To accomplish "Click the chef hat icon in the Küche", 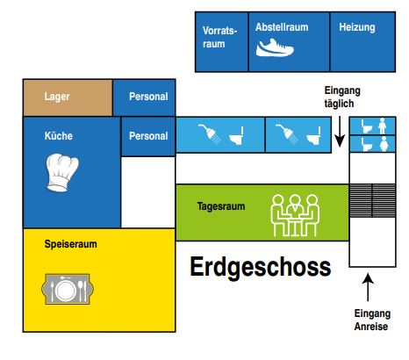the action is (x=62, y=173).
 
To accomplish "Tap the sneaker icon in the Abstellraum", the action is (x=275, y=47).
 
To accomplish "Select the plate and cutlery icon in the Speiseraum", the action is (x=68, y=289).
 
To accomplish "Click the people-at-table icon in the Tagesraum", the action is (x=295, y=215).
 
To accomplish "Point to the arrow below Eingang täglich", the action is (x=340, y=132).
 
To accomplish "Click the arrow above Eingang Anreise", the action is (x=368, y=287).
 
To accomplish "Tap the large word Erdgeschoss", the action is (x=261, y=267).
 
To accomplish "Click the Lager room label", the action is (x=57, y=97).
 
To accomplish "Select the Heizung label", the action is (x=357, y=27).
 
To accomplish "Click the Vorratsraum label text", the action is (x=219, y=37).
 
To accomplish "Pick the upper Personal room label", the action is (x=148, y=97).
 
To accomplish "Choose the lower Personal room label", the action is (x=148, y=136).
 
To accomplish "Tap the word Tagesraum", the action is (x=221, y=206).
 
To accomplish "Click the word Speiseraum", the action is (x=70, y=244).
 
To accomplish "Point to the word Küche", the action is (x=59, y=136).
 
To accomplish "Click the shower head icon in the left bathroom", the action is (x=210, y=133).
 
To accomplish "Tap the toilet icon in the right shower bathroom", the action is (x=313, y=135).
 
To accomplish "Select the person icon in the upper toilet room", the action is (x=382, y=126).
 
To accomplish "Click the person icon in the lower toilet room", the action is (x=384, y=144).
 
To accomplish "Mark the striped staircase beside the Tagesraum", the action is (x=372, y=200).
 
